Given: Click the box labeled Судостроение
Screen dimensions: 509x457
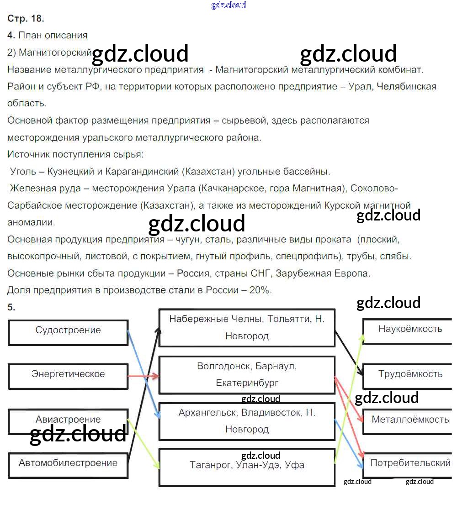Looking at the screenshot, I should point(68,332).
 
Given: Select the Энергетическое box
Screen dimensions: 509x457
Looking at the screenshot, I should point(68,376).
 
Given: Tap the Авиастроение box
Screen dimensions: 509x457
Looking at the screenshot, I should point(68,420).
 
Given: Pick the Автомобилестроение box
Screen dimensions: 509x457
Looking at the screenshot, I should point(68,465).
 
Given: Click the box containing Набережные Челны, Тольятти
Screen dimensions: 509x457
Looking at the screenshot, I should point(247,327).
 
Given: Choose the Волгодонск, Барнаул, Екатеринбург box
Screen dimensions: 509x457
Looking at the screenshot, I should point(247,374).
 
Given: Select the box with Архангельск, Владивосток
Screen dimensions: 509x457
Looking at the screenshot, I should point(247,421).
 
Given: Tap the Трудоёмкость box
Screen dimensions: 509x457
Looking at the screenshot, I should point(410,375).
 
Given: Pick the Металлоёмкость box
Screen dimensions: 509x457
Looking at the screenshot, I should point(410,420).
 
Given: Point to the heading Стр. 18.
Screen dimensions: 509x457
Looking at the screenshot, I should point(26,19).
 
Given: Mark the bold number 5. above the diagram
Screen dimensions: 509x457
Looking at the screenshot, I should point(11,307).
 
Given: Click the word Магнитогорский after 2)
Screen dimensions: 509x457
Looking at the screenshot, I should point(55,52).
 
